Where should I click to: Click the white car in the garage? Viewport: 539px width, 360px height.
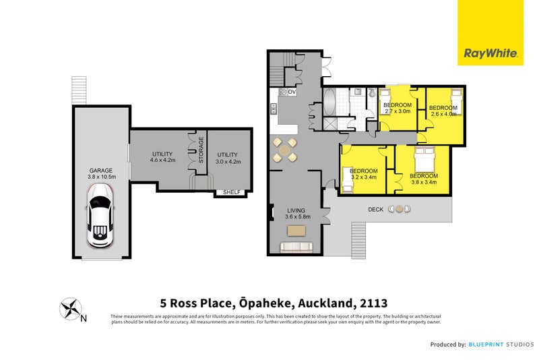[x=100, y=222]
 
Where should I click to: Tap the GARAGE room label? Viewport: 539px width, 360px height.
[x=100, y=171]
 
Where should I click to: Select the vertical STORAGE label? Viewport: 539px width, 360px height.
[x=201, y=151]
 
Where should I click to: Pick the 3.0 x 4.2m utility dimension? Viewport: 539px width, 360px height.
[x=228, y=161]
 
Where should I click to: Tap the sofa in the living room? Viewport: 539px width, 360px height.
[x=296, y=247]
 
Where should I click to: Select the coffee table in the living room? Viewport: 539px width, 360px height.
[x=296, y=231]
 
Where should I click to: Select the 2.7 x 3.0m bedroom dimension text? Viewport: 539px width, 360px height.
[x=397, y=112]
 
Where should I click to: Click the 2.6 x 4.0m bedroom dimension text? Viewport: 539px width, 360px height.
[x=443, y=115]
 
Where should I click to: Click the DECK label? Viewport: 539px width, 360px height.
[x=376, y=210]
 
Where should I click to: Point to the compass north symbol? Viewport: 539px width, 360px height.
[x=70, y=309]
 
